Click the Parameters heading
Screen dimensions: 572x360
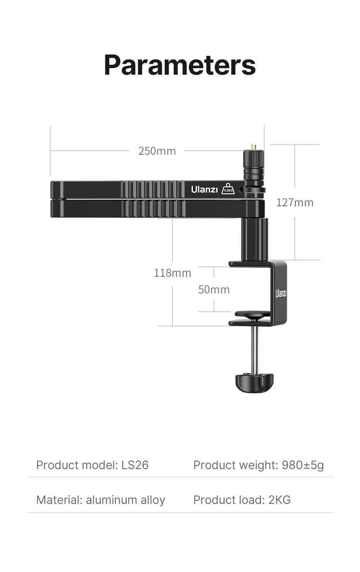click(x=180, y=65)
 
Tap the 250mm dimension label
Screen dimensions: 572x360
click(x=157, y=151)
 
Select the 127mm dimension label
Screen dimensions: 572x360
click(x=295, y=202)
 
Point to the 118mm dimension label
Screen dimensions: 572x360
click(x=172, y=273)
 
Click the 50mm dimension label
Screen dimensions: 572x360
click(x=214, y=289)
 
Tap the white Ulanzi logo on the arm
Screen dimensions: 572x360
click(x=204, y=190)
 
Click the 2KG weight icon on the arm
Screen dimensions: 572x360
click(x=228, y=189)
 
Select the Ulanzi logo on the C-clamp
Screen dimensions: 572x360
click(x=281, y=293)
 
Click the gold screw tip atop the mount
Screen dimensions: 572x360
click(x=253, y=147)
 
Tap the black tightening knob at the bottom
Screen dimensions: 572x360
click(x=254, y=382)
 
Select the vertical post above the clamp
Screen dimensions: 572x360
click(x=254, y=239)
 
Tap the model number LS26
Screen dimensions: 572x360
click(x=135, y=465)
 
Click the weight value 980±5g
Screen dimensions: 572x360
click(x=303, y=465)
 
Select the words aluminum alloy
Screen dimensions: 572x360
click(x=125, y=500)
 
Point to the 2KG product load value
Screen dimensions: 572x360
click(x=279, y=500)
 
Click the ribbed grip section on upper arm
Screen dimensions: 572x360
click(x=153, y=189)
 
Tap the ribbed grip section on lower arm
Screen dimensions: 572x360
click(x=153, y=209)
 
